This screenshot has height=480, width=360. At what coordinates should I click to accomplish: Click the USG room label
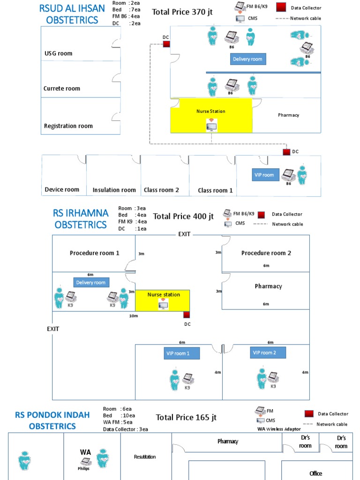coord(59,53)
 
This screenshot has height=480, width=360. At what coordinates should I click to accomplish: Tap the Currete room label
coord(62,88)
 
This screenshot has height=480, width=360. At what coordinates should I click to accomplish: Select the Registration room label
coord(68,126)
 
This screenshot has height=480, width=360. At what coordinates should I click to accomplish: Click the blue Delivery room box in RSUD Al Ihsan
coord(248,59)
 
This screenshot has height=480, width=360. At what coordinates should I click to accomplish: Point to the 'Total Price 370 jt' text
coord(182,12)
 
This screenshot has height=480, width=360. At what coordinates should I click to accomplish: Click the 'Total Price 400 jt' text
coord(183,216)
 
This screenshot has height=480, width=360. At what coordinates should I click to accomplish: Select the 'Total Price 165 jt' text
coord(186,417)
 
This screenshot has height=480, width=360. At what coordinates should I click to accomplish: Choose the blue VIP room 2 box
coord(264,352)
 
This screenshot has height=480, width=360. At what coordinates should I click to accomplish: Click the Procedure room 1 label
coord(94,253)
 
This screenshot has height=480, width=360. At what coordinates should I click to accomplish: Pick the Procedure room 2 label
coord(266,253)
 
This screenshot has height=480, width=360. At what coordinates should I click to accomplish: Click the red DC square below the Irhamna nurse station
coord(187,315)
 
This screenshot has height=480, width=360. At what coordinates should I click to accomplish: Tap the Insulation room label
coord(114,190)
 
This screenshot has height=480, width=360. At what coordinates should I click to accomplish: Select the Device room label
coord(62,190)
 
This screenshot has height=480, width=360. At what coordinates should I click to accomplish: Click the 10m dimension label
coord(134,316)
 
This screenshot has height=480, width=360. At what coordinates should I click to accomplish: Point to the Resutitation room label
coord(145,456)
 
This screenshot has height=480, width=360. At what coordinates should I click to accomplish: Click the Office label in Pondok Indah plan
coord(316,473)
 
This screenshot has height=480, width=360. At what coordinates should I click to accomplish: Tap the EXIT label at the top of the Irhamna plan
coord(184,234)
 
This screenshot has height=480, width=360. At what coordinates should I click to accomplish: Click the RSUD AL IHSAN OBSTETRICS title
coord(72,14)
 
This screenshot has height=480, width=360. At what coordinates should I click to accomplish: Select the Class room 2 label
coord(161,190)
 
